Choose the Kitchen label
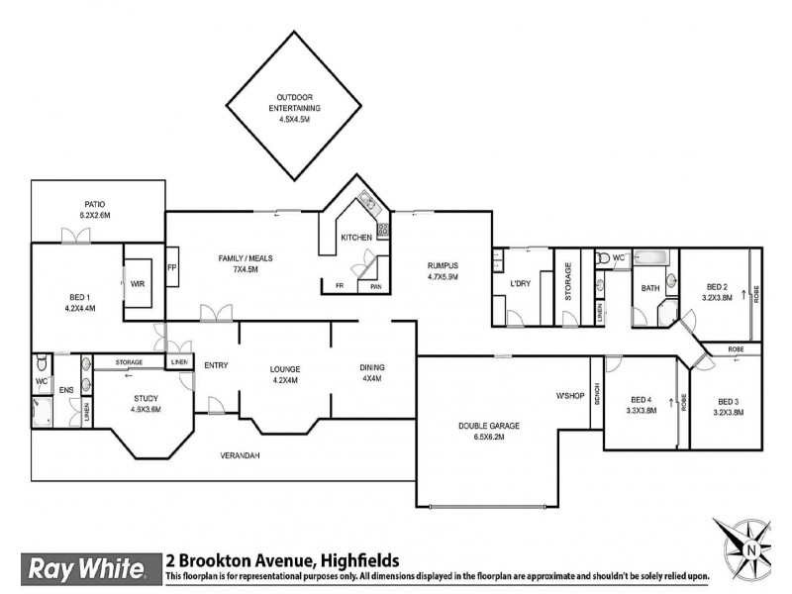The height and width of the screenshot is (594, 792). (x=356, y=238)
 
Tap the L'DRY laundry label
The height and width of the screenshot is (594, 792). (x=522, y=285)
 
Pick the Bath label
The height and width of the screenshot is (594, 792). (x=650, y=289)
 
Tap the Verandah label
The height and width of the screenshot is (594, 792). (x=240, y=455)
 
